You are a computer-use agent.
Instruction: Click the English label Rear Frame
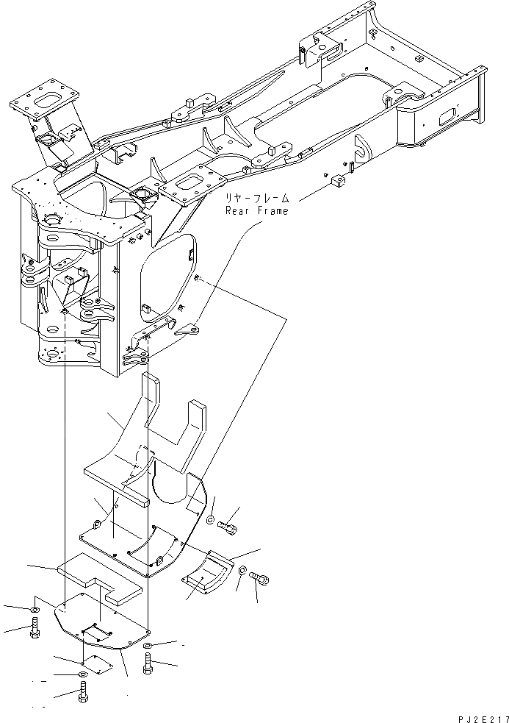(256, 211)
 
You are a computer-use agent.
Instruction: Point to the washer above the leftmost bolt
(35, 610)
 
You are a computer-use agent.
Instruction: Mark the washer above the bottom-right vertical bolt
(149, 645)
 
